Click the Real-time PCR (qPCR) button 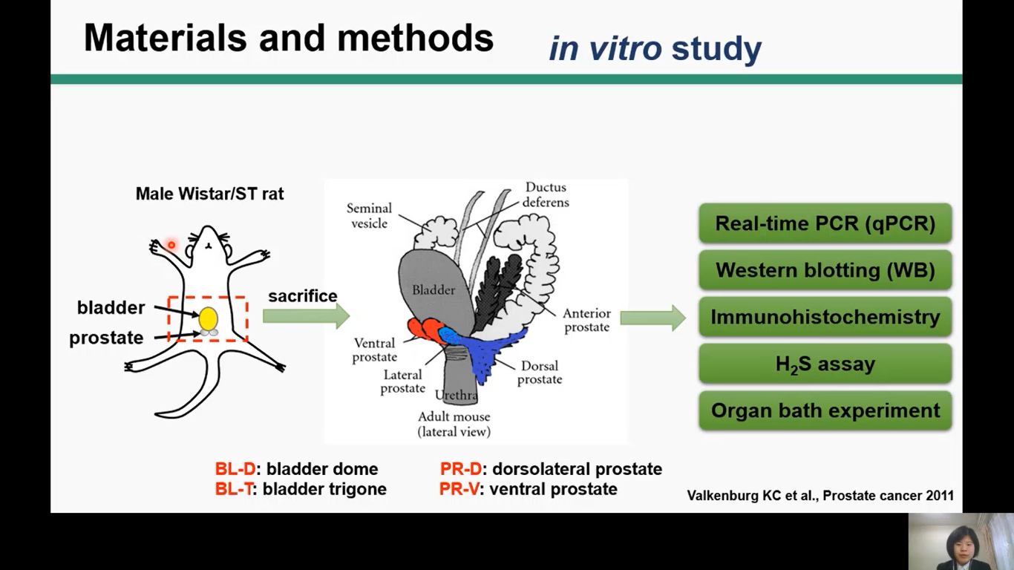click(x=825, y=223)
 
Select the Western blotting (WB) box click(x=825, y=270)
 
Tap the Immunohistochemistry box click(x=825, y=317)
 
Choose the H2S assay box click(x=825, y=364)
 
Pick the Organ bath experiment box click(x=825, y=410)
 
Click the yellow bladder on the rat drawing click(x=208, y=318)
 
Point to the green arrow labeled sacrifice click(x=305, y=316)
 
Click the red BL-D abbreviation click(x=235, y=469)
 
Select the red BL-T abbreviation click(x=234, y=489)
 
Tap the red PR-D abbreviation click(x=460, y=469)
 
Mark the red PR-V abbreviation click(x=459, y=489)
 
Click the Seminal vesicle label click(x=369, y=216)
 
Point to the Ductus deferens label click(x=546, y=194)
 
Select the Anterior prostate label click(x=586, y=321)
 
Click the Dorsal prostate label click(x=540, y=373)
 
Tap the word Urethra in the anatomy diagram click(x=457, y=395)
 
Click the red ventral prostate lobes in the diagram click(x=424, y=329)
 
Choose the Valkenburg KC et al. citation click(x=820, y=495)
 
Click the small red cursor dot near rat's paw click(x=171, y=245)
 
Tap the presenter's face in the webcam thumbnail click(x=953, y=539)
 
